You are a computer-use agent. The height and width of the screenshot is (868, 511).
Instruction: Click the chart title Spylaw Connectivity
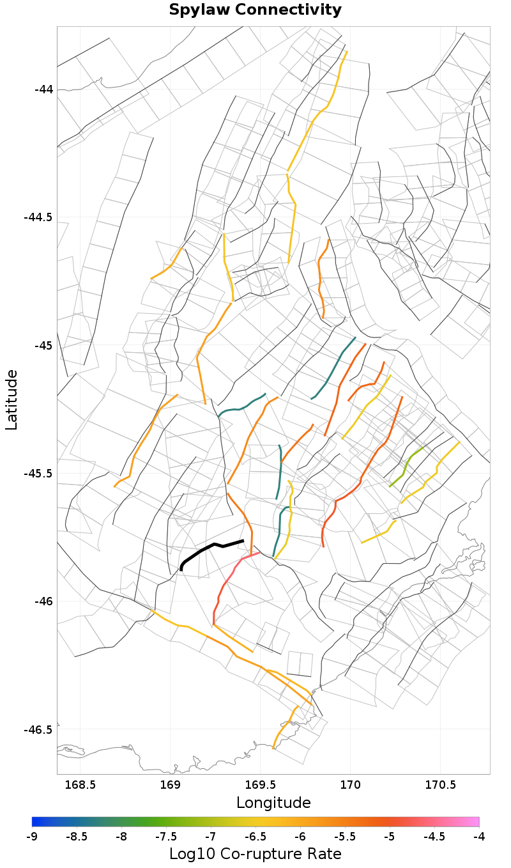tap(256, 10)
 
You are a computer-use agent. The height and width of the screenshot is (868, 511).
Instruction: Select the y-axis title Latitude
tap(11, 399)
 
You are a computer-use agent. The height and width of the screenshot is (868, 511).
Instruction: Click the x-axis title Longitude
tap(273, 803)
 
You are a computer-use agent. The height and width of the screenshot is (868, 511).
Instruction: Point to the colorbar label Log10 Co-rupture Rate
tap(256, 854)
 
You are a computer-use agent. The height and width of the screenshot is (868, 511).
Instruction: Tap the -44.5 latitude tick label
tap(39, 217)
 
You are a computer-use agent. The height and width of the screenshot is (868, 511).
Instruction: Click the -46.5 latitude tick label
tap(39, 729)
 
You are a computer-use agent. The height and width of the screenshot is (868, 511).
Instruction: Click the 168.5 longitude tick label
tap(80, 784)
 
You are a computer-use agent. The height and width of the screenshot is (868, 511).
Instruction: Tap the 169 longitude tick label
tap(170, 784)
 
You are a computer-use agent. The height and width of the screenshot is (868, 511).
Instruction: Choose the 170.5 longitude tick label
tap(441, 784)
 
